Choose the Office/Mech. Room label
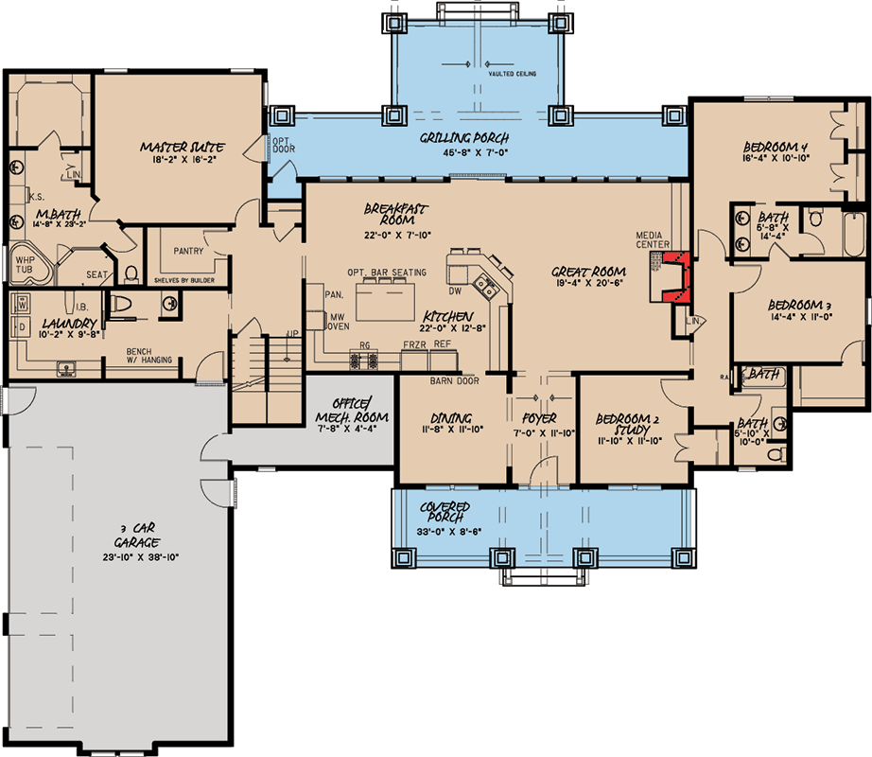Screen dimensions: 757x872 [x=348, y=409]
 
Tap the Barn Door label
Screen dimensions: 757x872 [x=454, y=381]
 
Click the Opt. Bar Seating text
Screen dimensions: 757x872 [x=386, y=273]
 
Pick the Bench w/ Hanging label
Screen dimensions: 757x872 [x=153, y=356]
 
